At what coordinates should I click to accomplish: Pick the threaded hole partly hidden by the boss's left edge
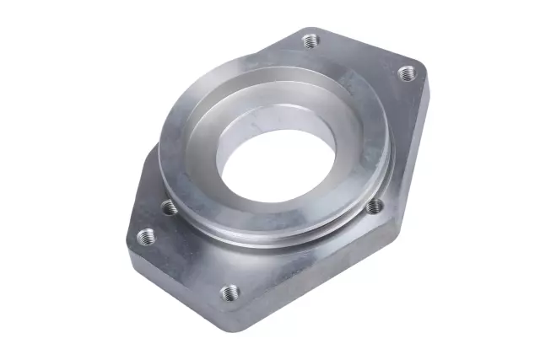click(168, 206)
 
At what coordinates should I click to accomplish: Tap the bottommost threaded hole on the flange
click(229, 293)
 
